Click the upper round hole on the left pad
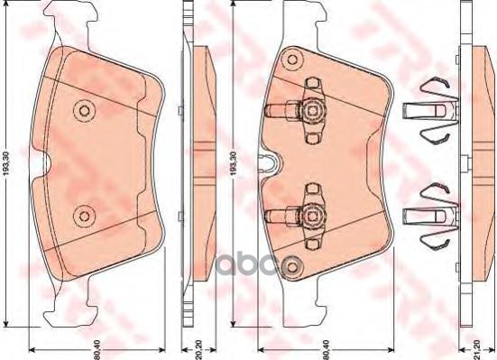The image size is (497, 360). [x=85, y=110]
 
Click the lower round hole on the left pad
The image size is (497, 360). [x=85, y=214]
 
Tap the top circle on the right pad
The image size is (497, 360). [x=290, y=60]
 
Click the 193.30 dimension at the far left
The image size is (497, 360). [x=8, y=163]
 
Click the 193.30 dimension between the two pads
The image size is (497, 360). [x=235, y=163]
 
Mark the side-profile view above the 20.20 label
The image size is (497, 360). [x=190, y=162]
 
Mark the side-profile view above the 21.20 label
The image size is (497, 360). [x=468, y=162]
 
